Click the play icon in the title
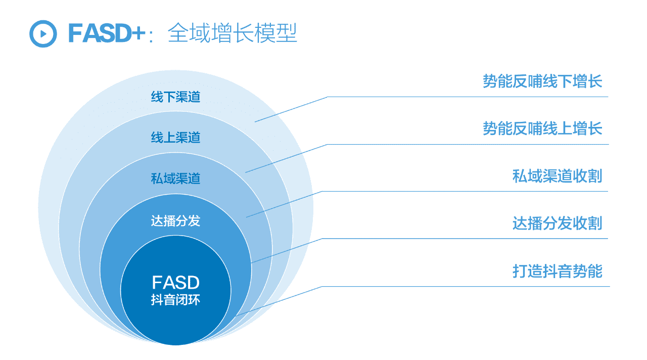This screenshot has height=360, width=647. (43, 33)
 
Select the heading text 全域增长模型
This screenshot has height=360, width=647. (232, 33)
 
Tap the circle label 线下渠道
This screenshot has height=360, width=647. (175, 97)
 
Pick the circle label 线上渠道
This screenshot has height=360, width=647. (175, 137)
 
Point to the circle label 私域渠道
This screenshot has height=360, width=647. (175, 178)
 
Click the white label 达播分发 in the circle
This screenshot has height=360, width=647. (175, 221)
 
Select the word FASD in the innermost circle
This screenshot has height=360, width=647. (175, 282)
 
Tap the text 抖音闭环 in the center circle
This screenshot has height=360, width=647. (175, 300)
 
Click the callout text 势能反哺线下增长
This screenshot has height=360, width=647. (542, 81)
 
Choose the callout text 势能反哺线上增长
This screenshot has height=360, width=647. (542, 128)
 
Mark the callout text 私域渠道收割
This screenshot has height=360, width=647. (557, 176)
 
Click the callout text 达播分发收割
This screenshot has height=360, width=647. (557, 223)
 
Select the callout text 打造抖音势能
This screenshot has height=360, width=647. (557, 271)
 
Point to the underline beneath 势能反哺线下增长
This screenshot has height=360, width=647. (468, 97)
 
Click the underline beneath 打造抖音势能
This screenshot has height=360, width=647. (465, 286)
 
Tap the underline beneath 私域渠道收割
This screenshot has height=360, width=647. (465, 192)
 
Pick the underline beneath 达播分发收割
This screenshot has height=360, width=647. (465, 239)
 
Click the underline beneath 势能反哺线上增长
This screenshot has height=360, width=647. (468, 144)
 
